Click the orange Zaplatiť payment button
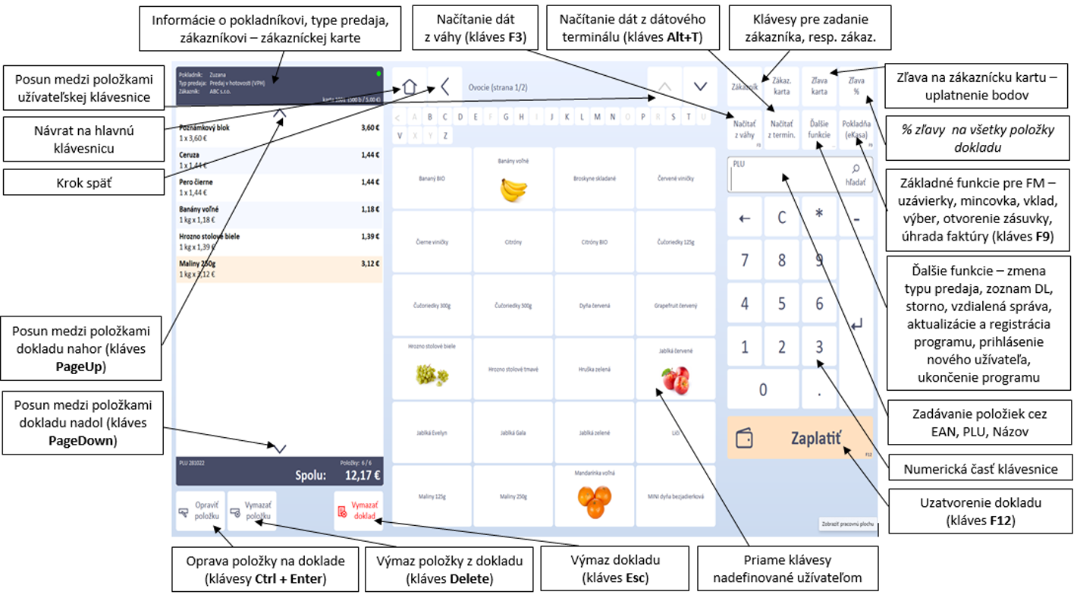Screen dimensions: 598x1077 pos(799,438)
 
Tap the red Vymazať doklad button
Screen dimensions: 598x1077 pos(358,511)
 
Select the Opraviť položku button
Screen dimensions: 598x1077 pos(200,511)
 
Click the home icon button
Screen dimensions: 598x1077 pos(409,86)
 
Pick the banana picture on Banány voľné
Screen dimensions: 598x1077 pos(513,190)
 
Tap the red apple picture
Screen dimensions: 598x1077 pos(675,379)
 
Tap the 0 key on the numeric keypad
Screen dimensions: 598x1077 pos(762,389)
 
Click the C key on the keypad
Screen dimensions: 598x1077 pos(781,218)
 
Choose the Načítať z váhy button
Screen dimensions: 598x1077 pos(744,129)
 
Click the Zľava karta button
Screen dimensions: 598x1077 pos(819,86)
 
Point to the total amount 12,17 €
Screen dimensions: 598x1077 pos(362,476)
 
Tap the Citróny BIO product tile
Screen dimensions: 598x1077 pos(594,241)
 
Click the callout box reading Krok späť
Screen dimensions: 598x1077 pos(83,182)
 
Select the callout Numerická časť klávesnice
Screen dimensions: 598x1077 pos(981,469)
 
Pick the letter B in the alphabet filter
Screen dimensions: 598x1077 pos(431,118)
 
